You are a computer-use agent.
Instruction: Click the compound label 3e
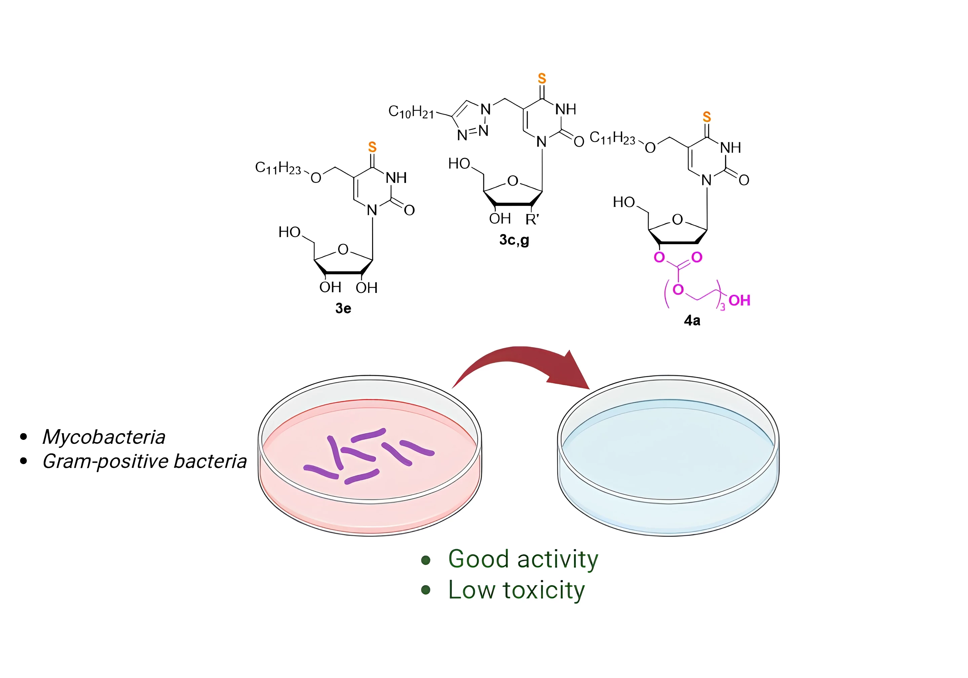(x=343, y=308)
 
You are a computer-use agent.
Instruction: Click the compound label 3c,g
(x=514, y=240)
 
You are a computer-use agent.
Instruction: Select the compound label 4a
(x=692, y=321)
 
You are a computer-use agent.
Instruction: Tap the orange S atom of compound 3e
(x=372, y=147)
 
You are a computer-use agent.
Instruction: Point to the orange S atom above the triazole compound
(x=542, y=78)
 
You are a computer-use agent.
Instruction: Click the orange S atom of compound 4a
(x=707, y=117)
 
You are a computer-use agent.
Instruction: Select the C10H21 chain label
(x=411, y=112)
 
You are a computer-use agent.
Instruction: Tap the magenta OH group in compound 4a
(x=739, y=300)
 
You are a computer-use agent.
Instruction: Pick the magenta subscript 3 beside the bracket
(x=723, y=308)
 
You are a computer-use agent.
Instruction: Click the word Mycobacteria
(x=104, y=437)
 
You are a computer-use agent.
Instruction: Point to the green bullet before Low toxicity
(x=426, y=590)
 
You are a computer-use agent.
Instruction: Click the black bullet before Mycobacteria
(x=24, y=437)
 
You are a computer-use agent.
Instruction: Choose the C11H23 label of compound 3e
(x=278, y=168)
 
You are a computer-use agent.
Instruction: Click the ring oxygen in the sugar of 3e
(x=343, y=249)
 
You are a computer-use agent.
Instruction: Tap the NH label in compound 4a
(x=731, y=148)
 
